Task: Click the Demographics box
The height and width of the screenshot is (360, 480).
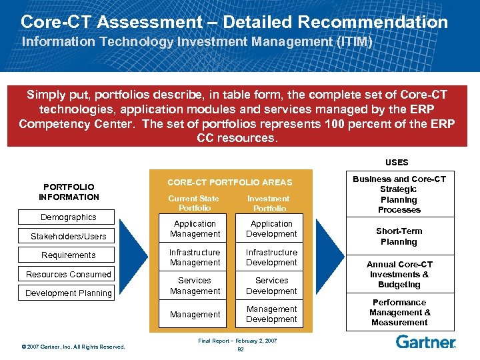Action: coord(69,217)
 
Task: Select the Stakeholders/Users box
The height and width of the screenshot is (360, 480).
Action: coord(69,237)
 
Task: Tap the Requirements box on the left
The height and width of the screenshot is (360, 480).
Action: coord(69,255)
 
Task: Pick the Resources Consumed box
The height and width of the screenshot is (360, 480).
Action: coord(69,275)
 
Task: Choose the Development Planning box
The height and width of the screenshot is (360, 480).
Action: coord(69,293)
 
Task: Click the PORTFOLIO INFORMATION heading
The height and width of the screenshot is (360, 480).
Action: coord(69,192)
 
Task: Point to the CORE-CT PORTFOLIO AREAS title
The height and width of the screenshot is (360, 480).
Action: coord(229,183)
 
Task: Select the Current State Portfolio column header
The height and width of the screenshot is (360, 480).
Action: coord(193,203)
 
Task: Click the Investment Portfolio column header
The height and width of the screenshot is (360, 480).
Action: coord(268,203)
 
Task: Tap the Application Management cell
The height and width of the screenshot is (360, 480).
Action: coord(195,229)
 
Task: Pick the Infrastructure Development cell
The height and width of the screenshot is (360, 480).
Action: coord(271,257)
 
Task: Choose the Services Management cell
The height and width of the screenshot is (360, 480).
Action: coord(195,286)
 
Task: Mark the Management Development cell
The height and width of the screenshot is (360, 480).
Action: coord(271,314)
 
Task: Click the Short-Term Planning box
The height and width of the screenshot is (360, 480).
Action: coord(399,237)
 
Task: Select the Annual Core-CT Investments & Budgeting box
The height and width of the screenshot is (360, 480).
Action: coord(399,274)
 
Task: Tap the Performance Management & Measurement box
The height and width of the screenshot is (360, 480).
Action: coord(399,312)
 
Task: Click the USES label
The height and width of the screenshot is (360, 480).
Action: coord(397,162)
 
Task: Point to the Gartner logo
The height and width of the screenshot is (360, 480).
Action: coord(425,342)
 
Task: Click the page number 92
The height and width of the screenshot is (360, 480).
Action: coord(240,348)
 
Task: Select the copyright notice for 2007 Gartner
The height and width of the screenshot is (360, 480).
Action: coord(73,347)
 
